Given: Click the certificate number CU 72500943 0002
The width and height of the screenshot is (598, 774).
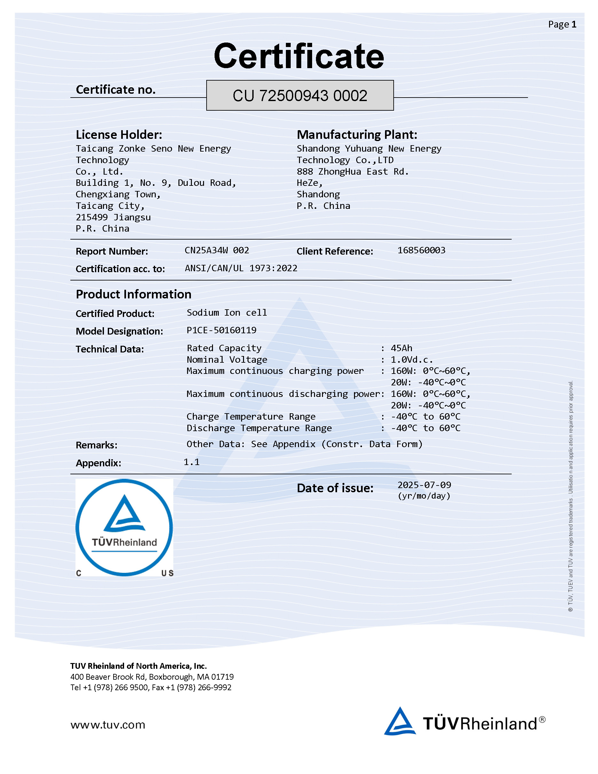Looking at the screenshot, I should (x=300, y=96).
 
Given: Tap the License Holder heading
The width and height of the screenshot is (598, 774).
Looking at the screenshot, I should (x=119, y=135).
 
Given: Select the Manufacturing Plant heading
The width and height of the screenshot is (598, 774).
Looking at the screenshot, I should (x=357, y=135).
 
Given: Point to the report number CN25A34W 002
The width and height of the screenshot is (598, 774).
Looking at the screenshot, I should (x=217, y=250).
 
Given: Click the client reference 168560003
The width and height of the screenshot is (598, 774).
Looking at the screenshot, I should (x=421, y=250).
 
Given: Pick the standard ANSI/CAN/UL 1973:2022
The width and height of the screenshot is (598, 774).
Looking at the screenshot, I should (x=241, y=268).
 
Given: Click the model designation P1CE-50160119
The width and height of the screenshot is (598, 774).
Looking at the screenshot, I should (x=221, y=330).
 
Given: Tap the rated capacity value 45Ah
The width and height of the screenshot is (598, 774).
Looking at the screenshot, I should (x=401, y=348).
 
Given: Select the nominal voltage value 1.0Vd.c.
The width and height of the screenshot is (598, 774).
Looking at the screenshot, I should (x=412, y=360).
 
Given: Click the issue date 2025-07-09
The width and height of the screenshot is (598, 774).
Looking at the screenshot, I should (x=424, y=485).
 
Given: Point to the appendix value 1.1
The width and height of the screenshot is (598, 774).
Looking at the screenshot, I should (x=192, y=462).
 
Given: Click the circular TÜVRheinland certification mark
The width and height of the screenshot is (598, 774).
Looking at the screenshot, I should (x=124, y=527).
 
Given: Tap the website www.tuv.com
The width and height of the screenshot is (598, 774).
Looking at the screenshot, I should (x=108, y=725).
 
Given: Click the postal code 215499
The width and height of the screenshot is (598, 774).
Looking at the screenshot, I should (x=92, y=217).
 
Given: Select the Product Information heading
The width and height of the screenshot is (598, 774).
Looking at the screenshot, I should (x=134, y=294).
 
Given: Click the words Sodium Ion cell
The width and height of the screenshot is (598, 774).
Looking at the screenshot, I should (x=227, y=312).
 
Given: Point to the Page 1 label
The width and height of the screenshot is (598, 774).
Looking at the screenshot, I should (x=562, y=24).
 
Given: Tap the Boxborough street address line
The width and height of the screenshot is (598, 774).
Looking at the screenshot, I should (x=152, y=676).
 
